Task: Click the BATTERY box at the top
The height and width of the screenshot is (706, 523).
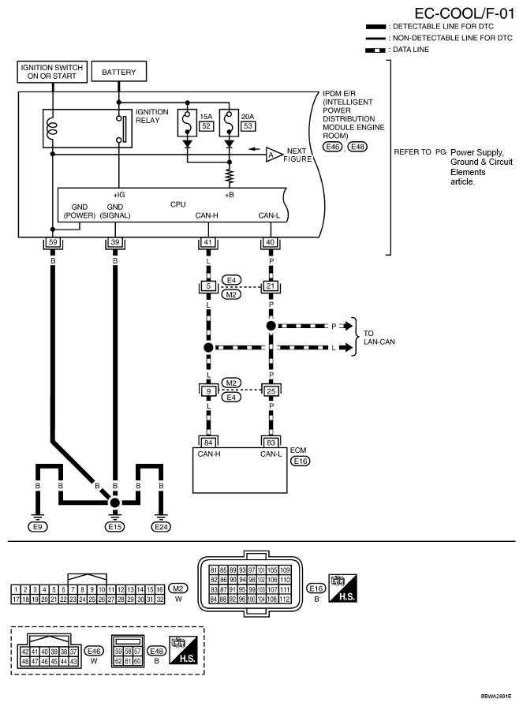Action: coord(119,72)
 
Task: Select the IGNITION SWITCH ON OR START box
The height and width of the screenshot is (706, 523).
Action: coord(52,72)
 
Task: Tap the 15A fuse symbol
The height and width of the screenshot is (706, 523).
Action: coord(187,122)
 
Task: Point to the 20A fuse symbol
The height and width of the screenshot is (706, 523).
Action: coord(229,122)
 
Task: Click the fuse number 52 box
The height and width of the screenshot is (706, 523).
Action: coord(206,126)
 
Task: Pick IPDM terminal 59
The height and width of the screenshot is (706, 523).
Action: coord(53,242)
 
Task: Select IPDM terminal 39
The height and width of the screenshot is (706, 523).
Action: coord(114,242)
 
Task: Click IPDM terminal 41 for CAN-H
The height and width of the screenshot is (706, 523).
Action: coord(208,242)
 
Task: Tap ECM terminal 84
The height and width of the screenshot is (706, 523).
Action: coord(208,443)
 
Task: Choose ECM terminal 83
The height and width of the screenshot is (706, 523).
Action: coord(271,443)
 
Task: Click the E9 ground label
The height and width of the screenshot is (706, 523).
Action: coord(38,527)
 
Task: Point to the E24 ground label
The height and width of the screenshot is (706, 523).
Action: coord(161,527)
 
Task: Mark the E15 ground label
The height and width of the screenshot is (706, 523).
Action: coord(114,527)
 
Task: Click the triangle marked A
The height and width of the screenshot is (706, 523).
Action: coord(272,155)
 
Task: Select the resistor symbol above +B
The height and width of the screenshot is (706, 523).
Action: coord(229,177)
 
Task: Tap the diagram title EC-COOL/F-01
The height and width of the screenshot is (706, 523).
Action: coord(464,13)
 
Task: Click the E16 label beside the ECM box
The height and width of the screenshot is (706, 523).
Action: coord(301,461)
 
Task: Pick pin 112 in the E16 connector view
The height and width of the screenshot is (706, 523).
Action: coord(285,600)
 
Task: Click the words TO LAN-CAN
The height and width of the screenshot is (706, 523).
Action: coord(379,338)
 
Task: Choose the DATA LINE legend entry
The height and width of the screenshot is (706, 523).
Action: coord(397,50)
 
